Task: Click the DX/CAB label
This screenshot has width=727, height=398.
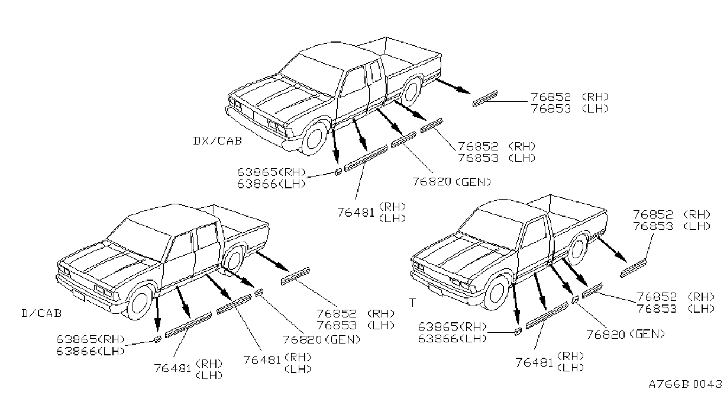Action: click(218, 141)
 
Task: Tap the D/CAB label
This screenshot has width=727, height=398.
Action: click(41, 313)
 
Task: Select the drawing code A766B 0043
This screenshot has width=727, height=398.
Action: click(685, 384)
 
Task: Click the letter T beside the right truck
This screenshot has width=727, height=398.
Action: click(412, 303)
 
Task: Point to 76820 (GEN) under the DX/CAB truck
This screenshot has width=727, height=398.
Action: click(451, 182)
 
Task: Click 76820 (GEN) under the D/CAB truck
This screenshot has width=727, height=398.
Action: click(321, 339)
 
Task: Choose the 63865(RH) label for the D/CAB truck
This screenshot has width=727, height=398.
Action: click(91, 339)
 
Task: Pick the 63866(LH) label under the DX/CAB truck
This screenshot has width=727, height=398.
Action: click(272, 184)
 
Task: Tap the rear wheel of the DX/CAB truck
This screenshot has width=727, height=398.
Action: click(412, 91)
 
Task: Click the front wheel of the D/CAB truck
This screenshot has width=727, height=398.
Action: click(140, 303)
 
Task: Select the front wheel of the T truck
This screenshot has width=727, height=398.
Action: click(496, 293)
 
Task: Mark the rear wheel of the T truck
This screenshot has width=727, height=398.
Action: click(578, 249)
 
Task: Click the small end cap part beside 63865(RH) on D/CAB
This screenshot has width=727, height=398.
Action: click(157, 339)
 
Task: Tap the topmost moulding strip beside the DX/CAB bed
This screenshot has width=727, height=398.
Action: click(485, 98)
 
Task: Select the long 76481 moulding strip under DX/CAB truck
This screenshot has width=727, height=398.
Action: click(366, 158)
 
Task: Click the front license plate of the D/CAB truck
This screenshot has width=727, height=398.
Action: click(79, 296)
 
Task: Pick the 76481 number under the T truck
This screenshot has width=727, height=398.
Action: click(534, 362)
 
